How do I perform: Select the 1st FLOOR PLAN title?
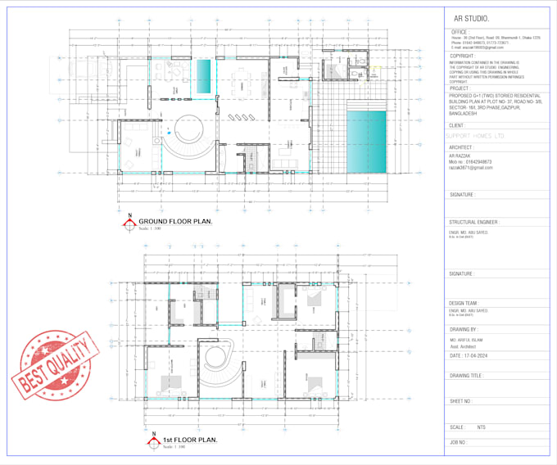tap(190, 440)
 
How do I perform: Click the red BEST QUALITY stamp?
tap(51, 363)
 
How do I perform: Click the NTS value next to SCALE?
tap(482, 427)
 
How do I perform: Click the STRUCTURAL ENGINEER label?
tap(474, 222)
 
